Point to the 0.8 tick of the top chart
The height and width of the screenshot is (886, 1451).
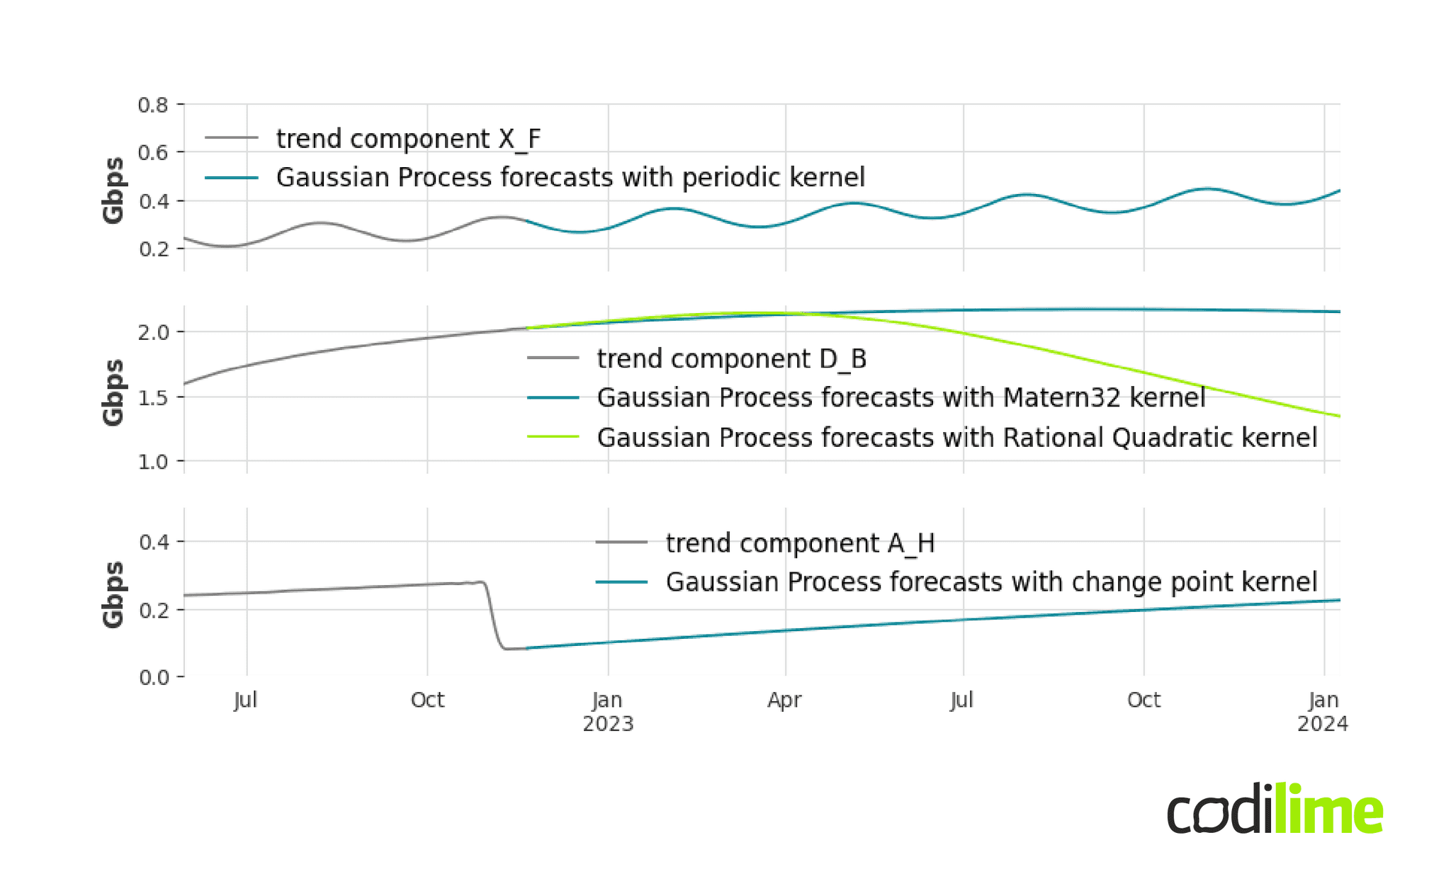[153, 106]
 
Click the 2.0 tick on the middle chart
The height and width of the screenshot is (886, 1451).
[153, 332]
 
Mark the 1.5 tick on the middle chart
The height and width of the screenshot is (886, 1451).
[153, 397]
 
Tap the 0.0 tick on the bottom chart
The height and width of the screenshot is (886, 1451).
[153, 678]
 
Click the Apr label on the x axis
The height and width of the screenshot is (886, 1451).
[784, 700]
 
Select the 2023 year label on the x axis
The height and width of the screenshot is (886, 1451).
[608, 725]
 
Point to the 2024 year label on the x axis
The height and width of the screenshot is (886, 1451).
[1322, 725]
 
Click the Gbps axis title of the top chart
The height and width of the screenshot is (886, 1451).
[113, 191]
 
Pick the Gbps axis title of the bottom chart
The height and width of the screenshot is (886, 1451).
[113, 595]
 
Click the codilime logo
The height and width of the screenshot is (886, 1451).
[1275, 809]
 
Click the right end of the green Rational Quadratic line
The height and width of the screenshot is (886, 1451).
[1338, 416]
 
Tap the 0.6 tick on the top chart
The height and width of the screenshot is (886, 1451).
[153, 152]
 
